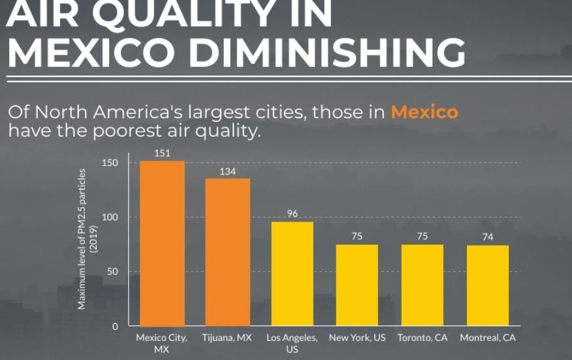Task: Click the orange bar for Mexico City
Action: [x=162, y=243]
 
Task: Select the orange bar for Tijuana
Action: [x=227, y=252]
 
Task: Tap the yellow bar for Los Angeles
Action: [x=293, y=274]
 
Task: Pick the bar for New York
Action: [x=357, y=285]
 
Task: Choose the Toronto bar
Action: [x=422, y=285]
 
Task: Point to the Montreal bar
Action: [x=488, y=286]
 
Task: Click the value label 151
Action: [x=162, y=153]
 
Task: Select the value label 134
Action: [x=227, y=171]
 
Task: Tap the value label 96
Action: [x=293, y=214]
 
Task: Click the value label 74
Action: [x=488, y=237]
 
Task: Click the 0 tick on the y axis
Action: [x=115, y=326]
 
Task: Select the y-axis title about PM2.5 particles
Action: [x=87, y=239]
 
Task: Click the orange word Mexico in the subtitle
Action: [x=424, y=112]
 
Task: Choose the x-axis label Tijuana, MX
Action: [x=227, y=338]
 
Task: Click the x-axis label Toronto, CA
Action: [x=422, y=338]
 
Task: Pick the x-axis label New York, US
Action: [x=357, y=338]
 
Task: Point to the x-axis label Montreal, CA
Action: [x=488, y=338]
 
